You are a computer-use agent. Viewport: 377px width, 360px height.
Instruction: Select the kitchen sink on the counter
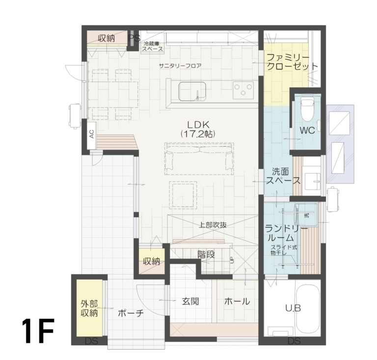coord(192,91)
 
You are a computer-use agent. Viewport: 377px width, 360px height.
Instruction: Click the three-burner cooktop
coord(242,90)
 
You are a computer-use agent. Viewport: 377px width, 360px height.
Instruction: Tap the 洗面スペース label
coord(283,176)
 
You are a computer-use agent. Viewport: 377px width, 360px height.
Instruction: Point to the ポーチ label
coord(131,313)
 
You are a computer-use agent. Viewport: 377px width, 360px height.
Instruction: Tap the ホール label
coord(237,301)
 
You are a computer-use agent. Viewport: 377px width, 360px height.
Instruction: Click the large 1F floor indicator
coord(37,333)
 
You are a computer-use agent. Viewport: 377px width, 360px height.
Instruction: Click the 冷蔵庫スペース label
coord(153,47)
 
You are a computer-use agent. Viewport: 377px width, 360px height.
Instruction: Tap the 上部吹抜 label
coord(213,226)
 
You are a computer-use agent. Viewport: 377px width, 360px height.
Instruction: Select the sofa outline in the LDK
coord(199,158)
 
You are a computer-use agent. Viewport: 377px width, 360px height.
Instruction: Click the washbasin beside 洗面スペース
coord(312,180)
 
